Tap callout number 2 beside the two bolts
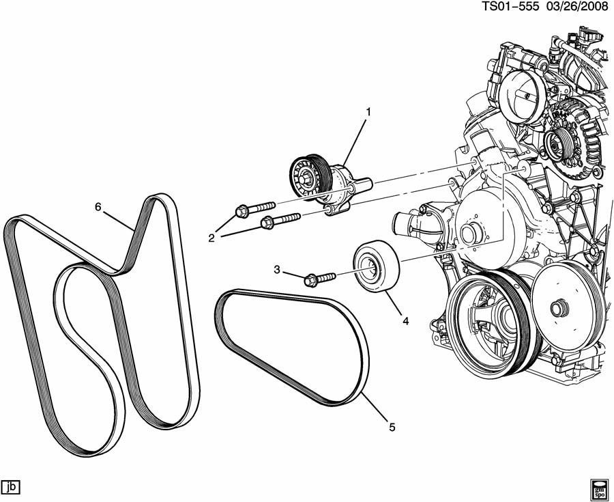point(212,237)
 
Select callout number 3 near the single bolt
point(278,270)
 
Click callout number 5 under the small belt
point(392,428)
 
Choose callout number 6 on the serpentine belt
point(98,206)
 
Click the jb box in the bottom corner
point(11,487)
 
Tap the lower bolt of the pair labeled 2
point(280,220)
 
